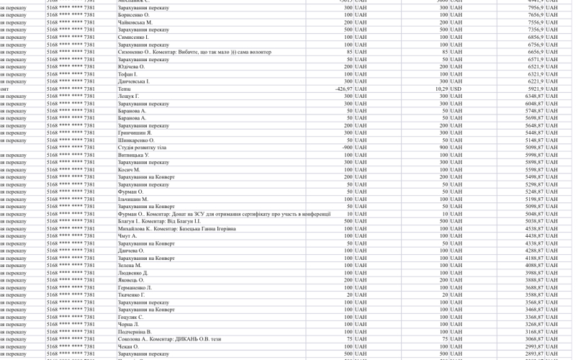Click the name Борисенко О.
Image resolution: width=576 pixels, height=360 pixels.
click(x=134, y=15)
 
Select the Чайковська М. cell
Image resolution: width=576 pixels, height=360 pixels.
click(x=135, y=22)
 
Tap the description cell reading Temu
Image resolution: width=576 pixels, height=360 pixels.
click(x=125, y=89)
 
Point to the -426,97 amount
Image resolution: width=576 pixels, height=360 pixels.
click(x=342, y=89)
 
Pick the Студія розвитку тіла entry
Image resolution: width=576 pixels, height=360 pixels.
click(x=142, y=148)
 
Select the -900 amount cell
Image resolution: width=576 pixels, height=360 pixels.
click(x=346, y=148)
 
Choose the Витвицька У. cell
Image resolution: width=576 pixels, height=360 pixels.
click(x=134, y=155)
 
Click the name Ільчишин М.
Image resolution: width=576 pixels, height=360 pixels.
click(x=133, y=199)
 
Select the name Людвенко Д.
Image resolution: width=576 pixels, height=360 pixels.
click(x=133, y=273)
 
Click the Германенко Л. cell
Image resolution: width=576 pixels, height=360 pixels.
click(x=135, y=287)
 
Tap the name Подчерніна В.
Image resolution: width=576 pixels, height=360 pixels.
click(x=135, y=331)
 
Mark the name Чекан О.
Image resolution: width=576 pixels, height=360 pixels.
click(x=128, y=346)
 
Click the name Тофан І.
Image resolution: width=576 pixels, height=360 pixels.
click(x=127, y=74)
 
